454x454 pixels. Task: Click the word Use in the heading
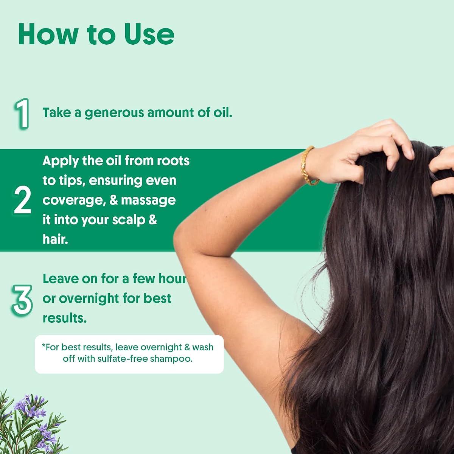click(x=149, y=34)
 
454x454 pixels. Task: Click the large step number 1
click(x=22, y=114)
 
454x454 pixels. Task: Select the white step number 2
click(x=22, y=200)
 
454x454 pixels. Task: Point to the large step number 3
click(x=22, y=300)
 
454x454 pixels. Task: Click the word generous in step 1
click(x=114, y=113)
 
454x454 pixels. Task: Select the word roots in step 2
click(x=173, y=161)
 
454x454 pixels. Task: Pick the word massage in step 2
click(x=148, y=201)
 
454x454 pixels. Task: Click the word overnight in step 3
click(x=89, y=299)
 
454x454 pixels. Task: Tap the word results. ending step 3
click(x=65, y=318)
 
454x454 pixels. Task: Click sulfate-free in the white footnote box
click(x=122, y=359)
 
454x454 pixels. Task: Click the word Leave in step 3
click(x=61, y=279)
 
